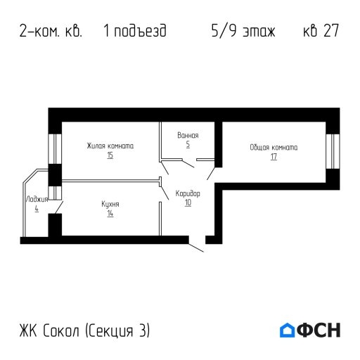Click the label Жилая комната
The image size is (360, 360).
(110, 146)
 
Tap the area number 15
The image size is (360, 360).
(110, 155)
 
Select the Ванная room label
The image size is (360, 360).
(188, 135)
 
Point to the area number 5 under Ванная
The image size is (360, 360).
(188, 143)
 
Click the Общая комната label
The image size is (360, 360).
(274, 148)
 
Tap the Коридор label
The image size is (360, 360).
(188, 193)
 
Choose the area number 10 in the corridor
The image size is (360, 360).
(188, 202)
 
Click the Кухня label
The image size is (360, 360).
(110, 205)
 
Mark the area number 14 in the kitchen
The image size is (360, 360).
(110, 213)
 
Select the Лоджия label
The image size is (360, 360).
(36, 200)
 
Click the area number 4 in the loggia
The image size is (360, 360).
(36, 209)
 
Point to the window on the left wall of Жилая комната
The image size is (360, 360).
(53, 146)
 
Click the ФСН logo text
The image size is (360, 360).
(319, 329)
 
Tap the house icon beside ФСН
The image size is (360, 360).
(287, 329)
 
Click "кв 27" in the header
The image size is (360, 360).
(321, 32)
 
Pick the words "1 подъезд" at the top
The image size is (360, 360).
(134, 32)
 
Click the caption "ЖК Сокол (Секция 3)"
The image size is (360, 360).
(85, 330)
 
